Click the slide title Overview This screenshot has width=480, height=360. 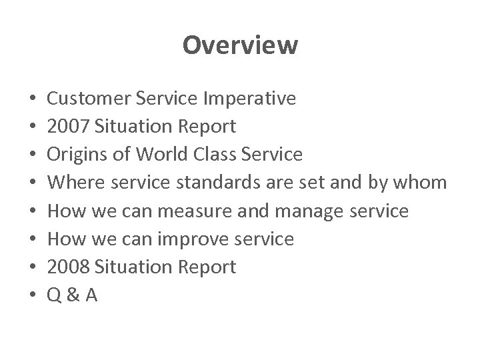click(240, 45)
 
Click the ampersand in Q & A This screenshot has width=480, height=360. click(74, 295)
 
